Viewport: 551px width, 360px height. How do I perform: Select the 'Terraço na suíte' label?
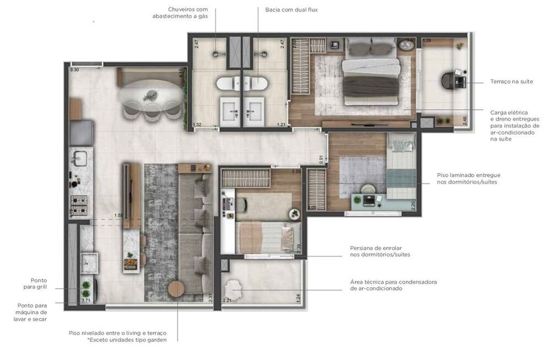[511, 82]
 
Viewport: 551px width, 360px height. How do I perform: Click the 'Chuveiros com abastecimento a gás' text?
[180, 13]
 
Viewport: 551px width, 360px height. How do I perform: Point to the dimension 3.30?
[74, 70]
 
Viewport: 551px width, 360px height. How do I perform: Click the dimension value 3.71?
[85, 300]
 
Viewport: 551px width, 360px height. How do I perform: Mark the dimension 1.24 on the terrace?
[298, 298]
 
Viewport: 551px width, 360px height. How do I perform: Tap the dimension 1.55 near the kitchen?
[118, 215]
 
